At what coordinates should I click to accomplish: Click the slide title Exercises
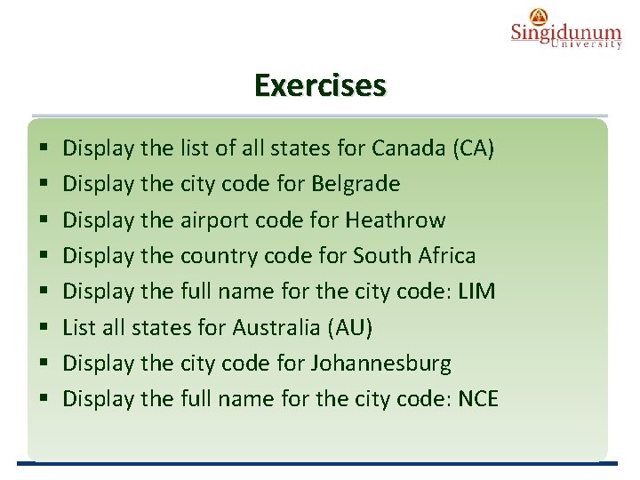coord(320,86)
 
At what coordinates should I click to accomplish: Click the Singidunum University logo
coord(565,28)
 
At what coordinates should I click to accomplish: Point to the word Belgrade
coord(356,183)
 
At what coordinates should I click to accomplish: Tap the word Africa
coord(444,255)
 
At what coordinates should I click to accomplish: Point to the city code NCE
coord(478,398)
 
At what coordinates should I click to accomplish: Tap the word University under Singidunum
coord(586,44)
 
